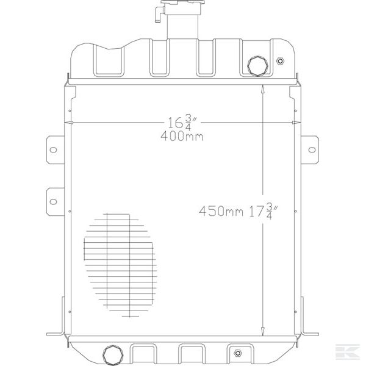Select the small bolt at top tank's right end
coord(280,61)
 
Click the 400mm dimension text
coord(182,137)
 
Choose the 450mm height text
coord(220,212)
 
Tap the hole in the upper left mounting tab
coord(53,149)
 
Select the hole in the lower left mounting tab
coord(53,200)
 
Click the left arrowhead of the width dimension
coord(73,124)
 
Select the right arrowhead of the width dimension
coord(295,124)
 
